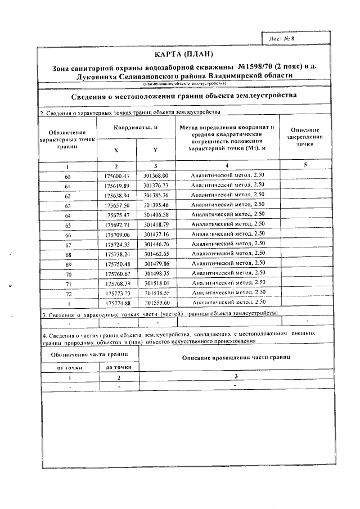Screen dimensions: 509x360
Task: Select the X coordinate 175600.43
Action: pos(116,176)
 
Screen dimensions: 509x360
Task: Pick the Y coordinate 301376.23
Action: pos(156,186)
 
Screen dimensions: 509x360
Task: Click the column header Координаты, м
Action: pos(135,128)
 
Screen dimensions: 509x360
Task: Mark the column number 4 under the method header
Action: pos(227,166)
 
